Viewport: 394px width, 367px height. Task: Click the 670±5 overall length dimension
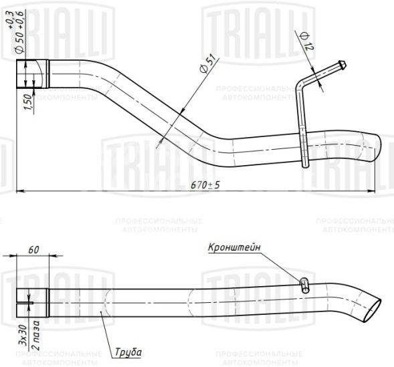[x=205, y=185]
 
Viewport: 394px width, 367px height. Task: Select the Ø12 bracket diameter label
[x=307, y=41]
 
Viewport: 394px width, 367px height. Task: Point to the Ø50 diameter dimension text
[x=20, y=37]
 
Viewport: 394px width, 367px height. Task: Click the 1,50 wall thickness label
[x=28, y=102]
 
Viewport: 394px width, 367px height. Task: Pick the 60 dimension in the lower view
[x=33, y=250]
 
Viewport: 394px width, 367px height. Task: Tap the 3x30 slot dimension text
[x=23, y=335]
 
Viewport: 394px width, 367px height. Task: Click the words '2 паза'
[x=36, y=335]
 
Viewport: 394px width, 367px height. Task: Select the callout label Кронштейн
[x=234, y=247]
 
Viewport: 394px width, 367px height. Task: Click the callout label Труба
[x=128, y=352]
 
